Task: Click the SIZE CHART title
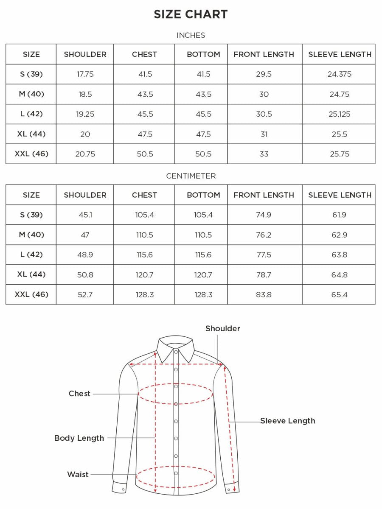click(x=191, y=14)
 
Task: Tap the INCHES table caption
click(x=191, y=35)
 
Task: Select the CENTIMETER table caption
click(x=191, y=176)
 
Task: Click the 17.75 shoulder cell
click(x=85, y=74)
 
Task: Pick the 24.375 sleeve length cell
click(x=339, y=74)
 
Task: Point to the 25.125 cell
click(x=339, y=114)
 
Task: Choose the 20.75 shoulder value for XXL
click(x=85, y=154)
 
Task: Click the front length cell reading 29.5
click(x=264, y=74)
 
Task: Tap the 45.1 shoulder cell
click(x=85, y=215)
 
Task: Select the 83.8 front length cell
click(x=264, y=294)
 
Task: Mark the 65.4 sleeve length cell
click(x=339, y=294)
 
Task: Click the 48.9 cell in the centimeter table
click(x=85, y=255)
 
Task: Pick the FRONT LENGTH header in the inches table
click(x=264, y=54)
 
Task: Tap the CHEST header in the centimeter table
click(x=144, y=195)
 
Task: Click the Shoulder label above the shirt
click(x=222, y=328)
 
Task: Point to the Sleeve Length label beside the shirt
click(x=287, y=421)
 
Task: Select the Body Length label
click(x=79, y=438)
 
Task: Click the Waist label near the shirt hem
click(x=78, y=474)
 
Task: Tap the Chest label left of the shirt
click(x=79, y=394)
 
